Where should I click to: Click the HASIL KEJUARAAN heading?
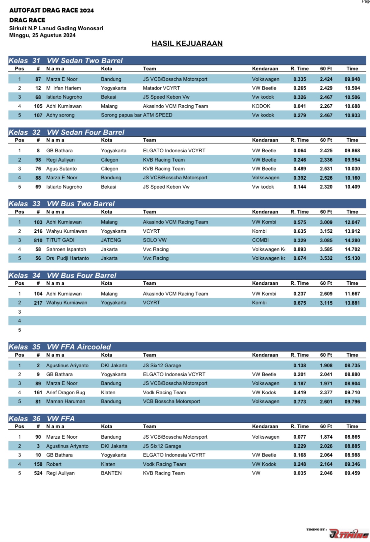click(x=187, y=43)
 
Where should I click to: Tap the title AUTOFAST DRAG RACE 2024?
click(x=51, y=11)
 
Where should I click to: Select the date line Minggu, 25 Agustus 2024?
click(x=42, y=35)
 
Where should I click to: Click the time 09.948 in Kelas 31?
click(x=352, y=79)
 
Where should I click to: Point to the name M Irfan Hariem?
click(x=64, y=88)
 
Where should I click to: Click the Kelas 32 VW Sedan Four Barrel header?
click(x=66, y=132)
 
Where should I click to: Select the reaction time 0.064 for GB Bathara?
click(x=300, y=151)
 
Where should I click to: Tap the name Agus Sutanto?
click(x=62, y=169)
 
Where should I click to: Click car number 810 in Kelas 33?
click(x=38, y=240)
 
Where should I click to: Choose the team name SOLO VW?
click(x=155, y=240)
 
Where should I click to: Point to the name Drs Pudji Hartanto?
click(x=67, y=258)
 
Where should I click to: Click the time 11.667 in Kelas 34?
click(x=352, y=294)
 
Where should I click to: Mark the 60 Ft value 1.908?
click(x=326, y=366)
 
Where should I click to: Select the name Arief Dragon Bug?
click(x=66, y=393)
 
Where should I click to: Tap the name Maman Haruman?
click(x=66, y=401)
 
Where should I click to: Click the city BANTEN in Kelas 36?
click(x=111, y=473)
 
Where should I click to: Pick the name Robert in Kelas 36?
click(x=54, y=464)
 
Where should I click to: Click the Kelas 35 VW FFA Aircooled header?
click(x=60, y=347)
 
